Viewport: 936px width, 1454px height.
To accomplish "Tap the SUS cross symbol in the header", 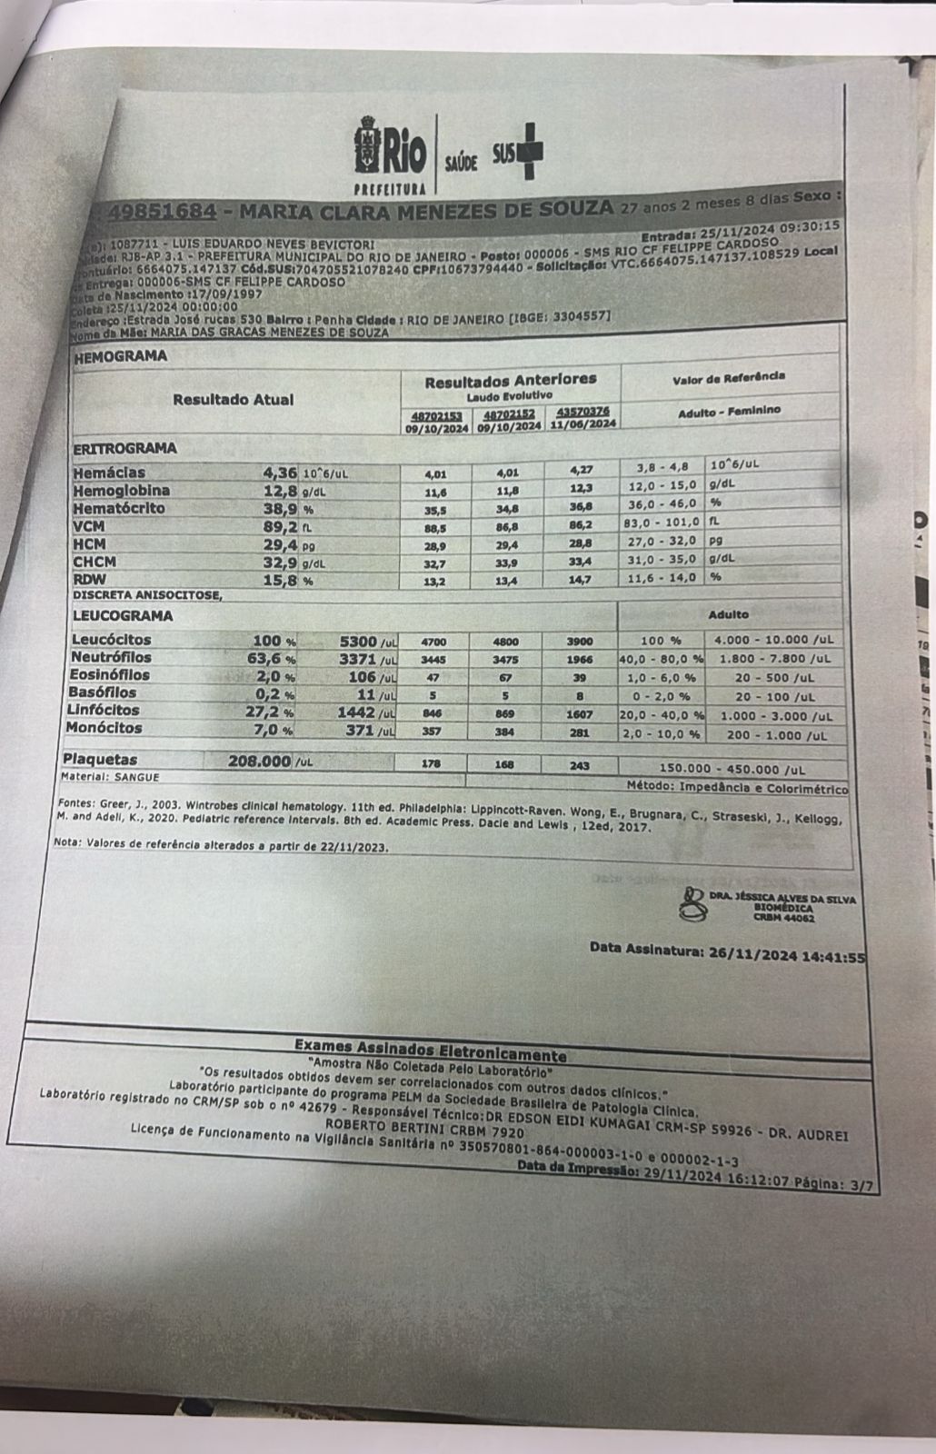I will tap(528, 155).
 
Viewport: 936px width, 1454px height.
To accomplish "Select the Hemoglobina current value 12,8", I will tap(275, 491).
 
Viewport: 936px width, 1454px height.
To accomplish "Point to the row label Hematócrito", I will tap(119, 508).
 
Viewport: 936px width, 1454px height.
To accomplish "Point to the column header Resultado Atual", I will tap(234, 399).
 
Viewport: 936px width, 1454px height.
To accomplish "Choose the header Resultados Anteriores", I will tap(511, 379).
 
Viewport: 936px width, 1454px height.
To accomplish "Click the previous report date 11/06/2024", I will tap(583, 424).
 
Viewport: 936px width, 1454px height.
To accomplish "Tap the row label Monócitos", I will tap(104, 728).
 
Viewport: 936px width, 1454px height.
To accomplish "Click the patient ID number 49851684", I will tap(162, 212).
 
